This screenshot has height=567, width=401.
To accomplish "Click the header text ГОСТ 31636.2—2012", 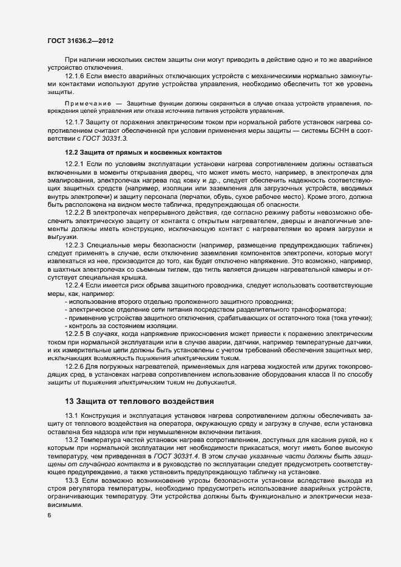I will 80,41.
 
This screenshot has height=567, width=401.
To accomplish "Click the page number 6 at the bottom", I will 50,516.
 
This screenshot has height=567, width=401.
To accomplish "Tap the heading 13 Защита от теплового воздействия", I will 138,401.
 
